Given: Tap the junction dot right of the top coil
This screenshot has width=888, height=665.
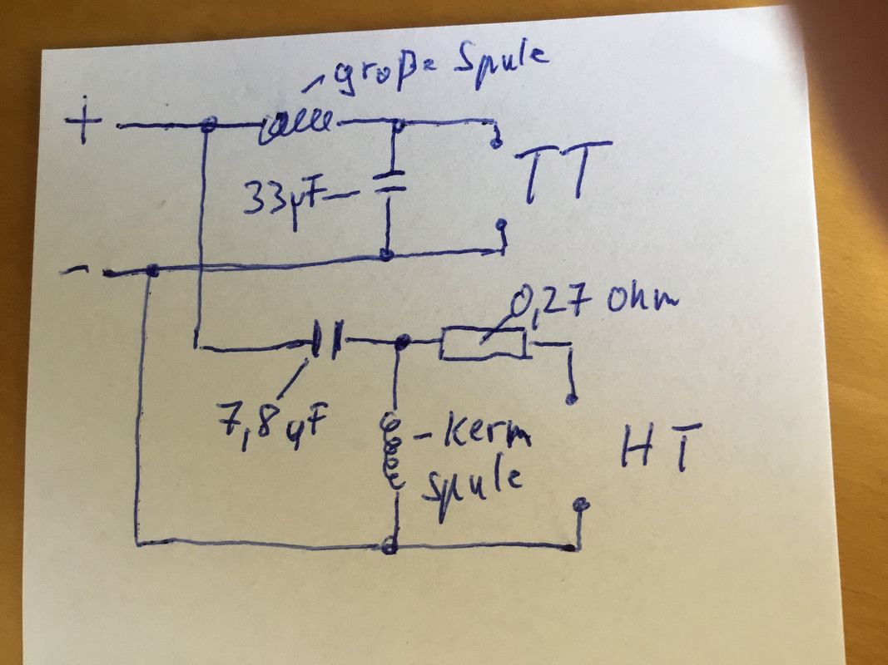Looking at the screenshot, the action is tap(399, 126).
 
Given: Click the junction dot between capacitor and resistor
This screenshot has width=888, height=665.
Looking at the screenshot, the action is tap(404, 342).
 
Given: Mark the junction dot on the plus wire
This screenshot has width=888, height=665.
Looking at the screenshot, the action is tap(210, 125).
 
